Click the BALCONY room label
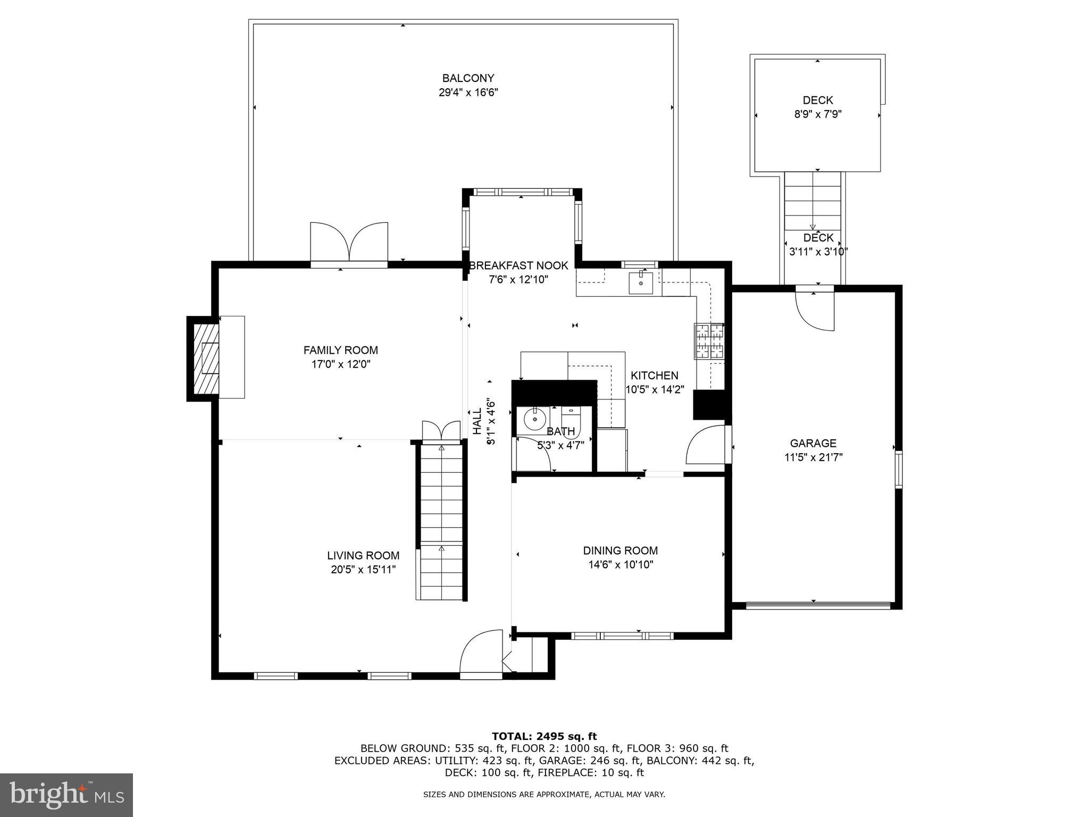pos(468,79)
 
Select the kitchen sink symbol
pos(641,282)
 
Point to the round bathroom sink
pos(533,420)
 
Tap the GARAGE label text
pos(813,443)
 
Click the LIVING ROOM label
pos(363,555)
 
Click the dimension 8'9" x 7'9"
pos(817,114)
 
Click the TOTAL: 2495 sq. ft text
pos(544,736)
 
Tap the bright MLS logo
pos(66,795)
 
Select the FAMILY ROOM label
pos(340,350)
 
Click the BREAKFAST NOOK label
pos(518,265)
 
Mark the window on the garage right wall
pos(898,469)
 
